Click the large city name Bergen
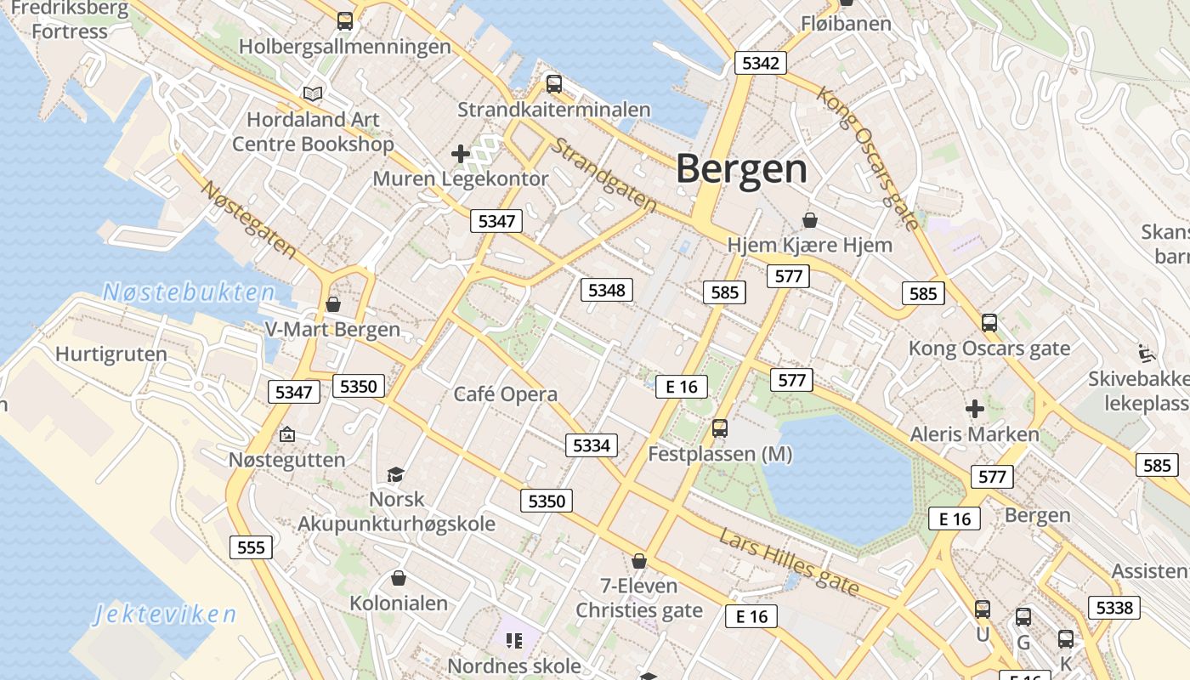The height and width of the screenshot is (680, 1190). coord(741,169)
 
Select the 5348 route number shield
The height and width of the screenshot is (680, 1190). coord(607,291)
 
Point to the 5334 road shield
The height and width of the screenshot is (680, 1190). coord(592,445)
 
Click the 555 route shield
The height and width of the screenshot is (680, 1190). coord(251,547)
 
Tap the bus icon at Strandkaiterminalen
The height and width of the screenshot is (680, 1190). coord(554,83)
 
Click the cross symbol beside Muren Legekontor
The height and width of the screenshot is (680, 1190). coord(461,154)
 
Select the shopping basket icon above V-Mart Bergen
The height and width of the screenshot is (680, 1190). coord(333,303)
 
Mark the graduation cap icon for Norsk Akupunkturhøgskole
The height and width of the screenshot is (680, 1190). coord(395,473)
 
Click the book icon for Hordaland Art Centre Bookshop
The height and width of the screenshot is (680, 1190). coord(313,93)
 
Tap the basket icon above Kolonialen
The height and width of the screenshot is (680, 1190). coord(398,579)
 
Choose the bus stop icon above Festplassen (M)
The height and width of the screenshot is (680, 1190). coord(720,428)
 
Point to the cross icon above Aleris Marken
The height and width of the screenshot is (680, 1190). coord(974,409)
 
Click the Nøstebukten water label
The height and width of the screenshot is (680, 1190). coord(189,293)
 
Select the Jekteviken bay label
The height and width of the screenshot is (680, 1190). coord(165,614)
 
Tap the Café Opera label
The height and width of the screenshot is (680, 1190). coord(506,394)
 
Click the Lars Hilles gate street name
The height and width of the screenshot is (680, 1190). coord(789,562)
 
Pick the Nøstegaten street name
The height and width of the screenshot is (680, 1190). coord(247,219)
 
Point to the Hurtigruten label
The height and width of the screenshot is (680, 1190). coord(111,354)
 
